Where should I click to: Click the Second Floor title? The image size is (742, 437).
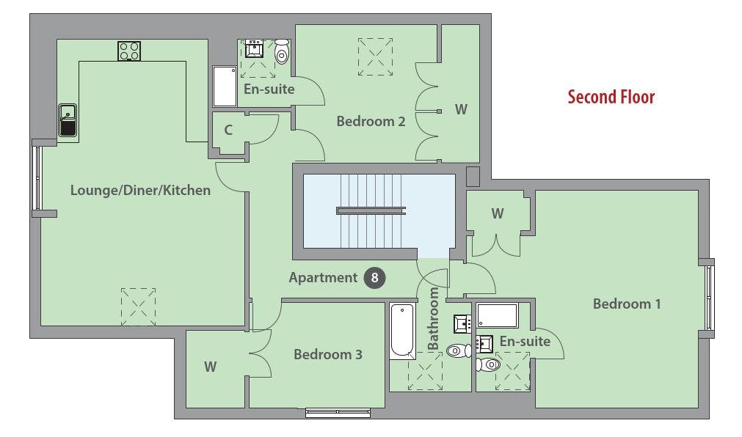click(x=611, y=97)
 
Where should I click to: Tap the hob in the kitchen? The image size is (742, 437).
click(x=129, y=51)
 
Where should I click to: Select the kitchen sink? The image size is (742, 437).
click(x=68, y=120)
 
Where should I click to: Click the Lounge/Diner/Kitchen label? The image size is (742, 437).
click(x=140, y=190)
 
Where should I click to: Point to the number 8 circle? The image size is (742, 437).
click(x=374, y=278)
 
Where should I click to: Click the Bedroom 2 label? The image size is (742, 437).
click(x=371, y=122)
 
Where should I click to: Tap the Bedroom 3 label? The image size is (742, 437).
click(x=328, y=354)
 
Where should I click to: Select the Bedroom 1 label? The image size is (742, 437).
click(x=627, y=304)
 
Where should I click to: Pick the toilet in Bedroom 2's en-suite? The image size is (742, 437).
click(x=282, y=51)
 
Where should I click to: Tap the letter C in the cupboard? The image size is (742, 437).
click(x=228, y=130)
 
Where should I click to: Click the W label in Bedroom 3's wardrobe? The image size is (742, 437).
click(x=211, y=367)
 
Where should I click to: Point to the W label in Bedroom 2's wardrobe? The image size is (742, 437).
click(x=462, y=110)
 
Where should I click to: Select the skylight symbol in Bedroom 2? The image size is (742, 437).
click(x=375, y=56)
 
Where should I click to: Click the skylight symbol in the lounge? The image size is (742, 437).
click(x=138, y=307)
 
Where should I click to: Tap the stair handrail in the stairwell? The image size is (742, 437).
click(x=371, y=211)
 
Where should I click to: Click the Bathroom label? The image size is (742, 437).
click(x=433, y=319)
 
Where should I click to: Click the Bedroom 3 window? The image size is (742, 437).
click(x=338, y=413)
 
